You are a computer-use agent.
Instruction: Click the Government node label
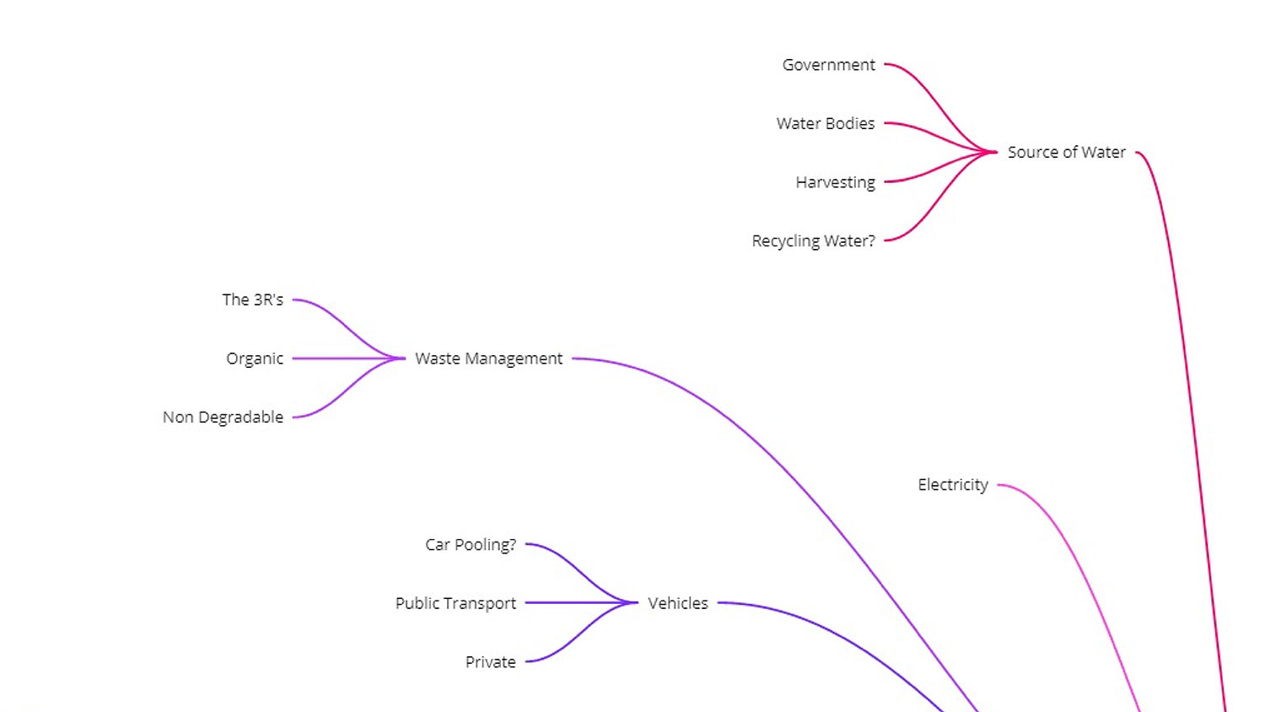click(x=828, y=65)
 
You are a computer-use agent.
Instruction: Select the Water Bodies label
click(x=825, y=124)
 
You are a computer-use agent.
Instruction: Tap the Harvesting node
click(x=835, y=182)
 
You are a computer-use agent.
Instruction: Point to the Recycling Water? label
click(x=813, y=241)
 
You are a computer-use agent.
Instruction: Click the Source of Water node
click(x=1066, y=153)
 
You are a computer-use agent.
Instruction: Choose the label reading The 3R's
click(x=252, y=300)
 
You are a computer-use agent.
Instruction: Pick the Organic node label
click(x=254, y=359)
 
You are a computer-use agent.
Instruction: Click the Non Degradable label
click(x=223, y=418)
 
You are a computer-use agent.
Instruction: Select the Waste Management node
click(x=488, y=359)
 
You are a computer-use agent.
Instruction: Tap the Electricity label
click(x=952, y=485)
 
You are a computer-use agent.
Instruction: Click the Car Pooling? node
click(x=470, y=545)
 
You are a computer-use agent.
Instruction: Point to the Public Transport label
click(x=455, y=603)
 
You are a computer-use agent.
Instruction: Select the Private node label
click(x=490, y=662)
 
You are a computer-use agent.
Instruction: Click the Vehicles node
click(x=677, y=603)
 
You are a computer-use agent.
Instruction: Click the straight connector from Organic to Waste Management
click(x=346, y=359)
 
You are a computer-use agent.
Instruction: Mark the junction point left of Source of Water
click(x=993, y=153)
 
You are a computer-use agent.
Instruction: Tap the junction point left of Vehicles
click(x=633, y=603)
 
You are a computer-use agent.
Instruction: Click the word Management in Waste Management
click(x=514, y=359)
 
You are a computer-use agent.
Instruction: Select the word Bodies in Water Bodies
click(x=850, y=124)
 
